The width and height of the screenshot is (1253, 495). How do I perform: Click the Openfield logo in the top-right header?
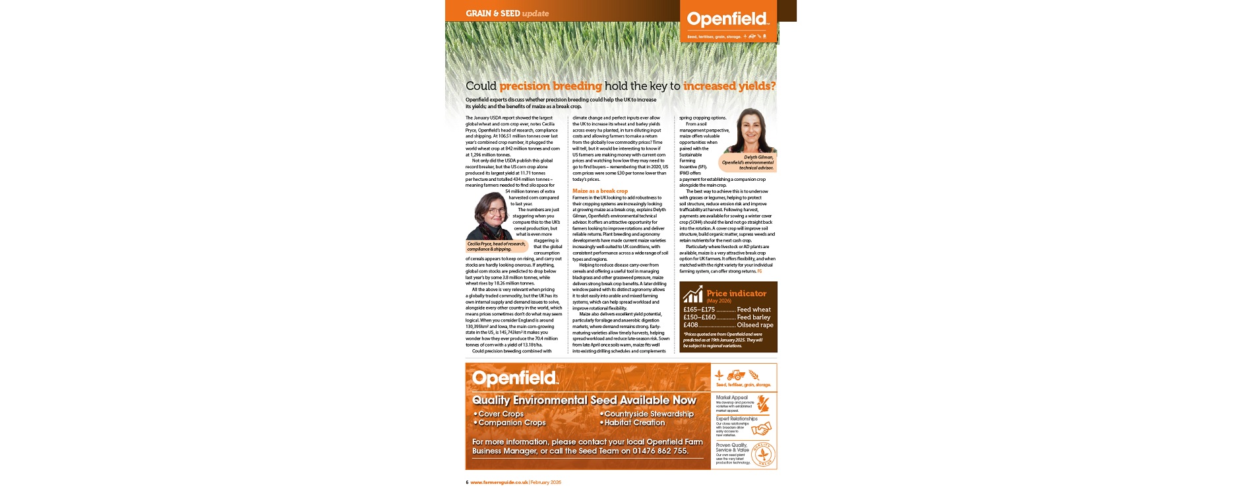tap(727, 19)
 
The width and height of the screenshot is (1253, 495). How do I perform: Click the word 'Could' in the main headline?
tap(481, 86)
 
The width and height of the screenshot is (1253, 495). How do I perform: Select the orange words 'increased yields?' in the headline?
tap(729, 86)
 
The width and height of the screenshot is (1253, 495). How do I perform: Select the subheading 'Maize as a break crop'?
tap(600, 191)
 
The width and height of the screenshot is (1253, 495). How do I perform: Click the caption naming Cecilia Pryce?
tap(497, 246)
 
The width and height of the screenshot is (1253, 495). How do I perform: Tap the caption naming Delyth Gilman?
tap(748, 162)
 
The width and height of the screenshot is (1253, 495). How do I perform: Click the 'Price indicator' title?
tap(736, 293)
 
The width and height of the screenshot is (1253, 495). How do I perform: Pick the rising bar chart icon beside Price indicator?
tap(692, 294)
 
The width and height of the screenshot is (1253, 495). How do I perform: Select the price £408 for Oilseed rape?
tap(690, 325)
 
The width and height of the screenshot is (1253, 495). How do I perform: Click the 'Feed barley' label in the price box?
tap(753, 317)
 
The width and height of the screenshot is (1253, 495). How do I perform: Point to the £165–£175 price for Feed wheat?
tap(698, 309)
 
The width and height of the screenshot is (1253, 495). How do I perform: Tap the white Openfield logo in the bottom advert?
tap(515, 378)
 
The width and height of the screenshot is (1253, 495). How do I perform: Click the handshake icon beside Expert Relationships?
tap(761, 428)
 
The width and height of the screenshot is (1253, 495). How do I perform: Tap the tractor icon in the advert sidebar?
tap(736, 375)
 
